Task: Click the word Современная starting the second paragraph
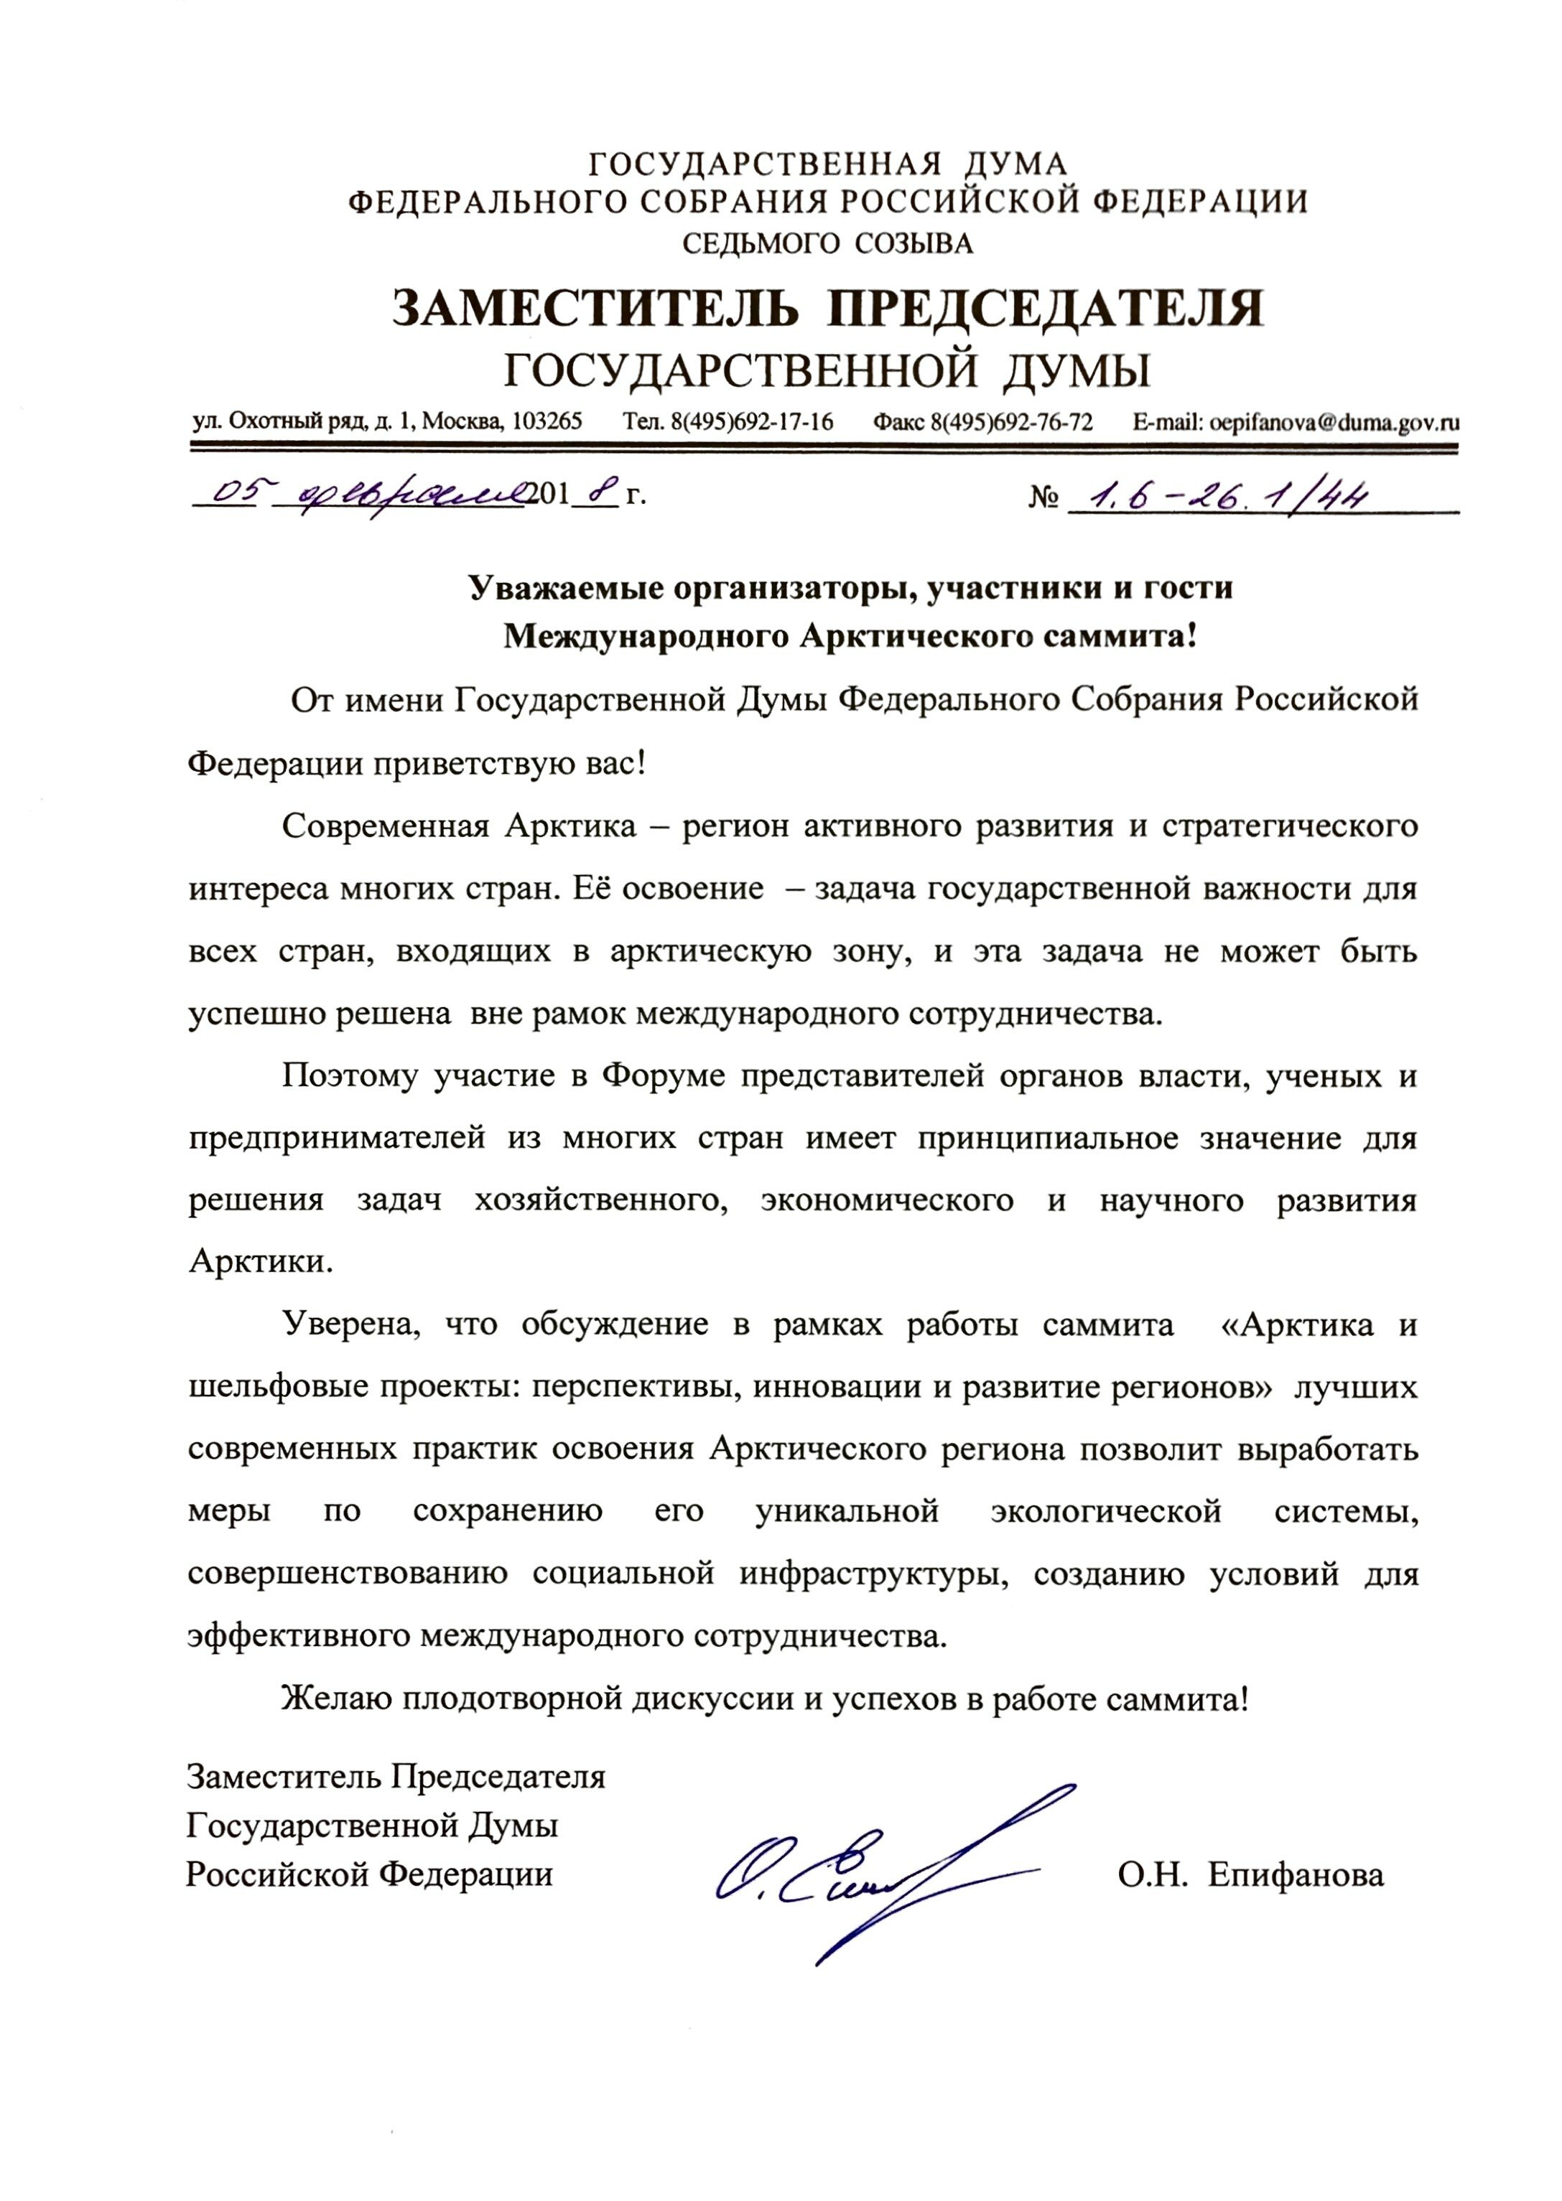(x=381, y=827)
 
